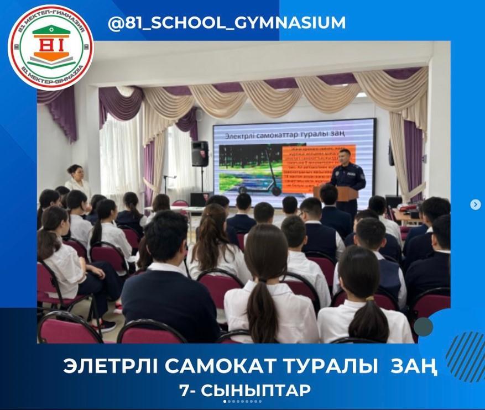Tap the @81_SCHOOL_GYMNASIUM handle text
point(227,23)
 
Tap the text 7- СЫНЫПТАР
point(245,390)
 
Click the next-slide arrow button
point(475,204)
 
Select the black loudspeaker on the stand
point(200,154)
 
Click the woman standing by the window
point(77,182)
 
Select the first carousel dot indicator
point(225,402)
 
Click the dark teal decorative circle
point(423,327)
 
